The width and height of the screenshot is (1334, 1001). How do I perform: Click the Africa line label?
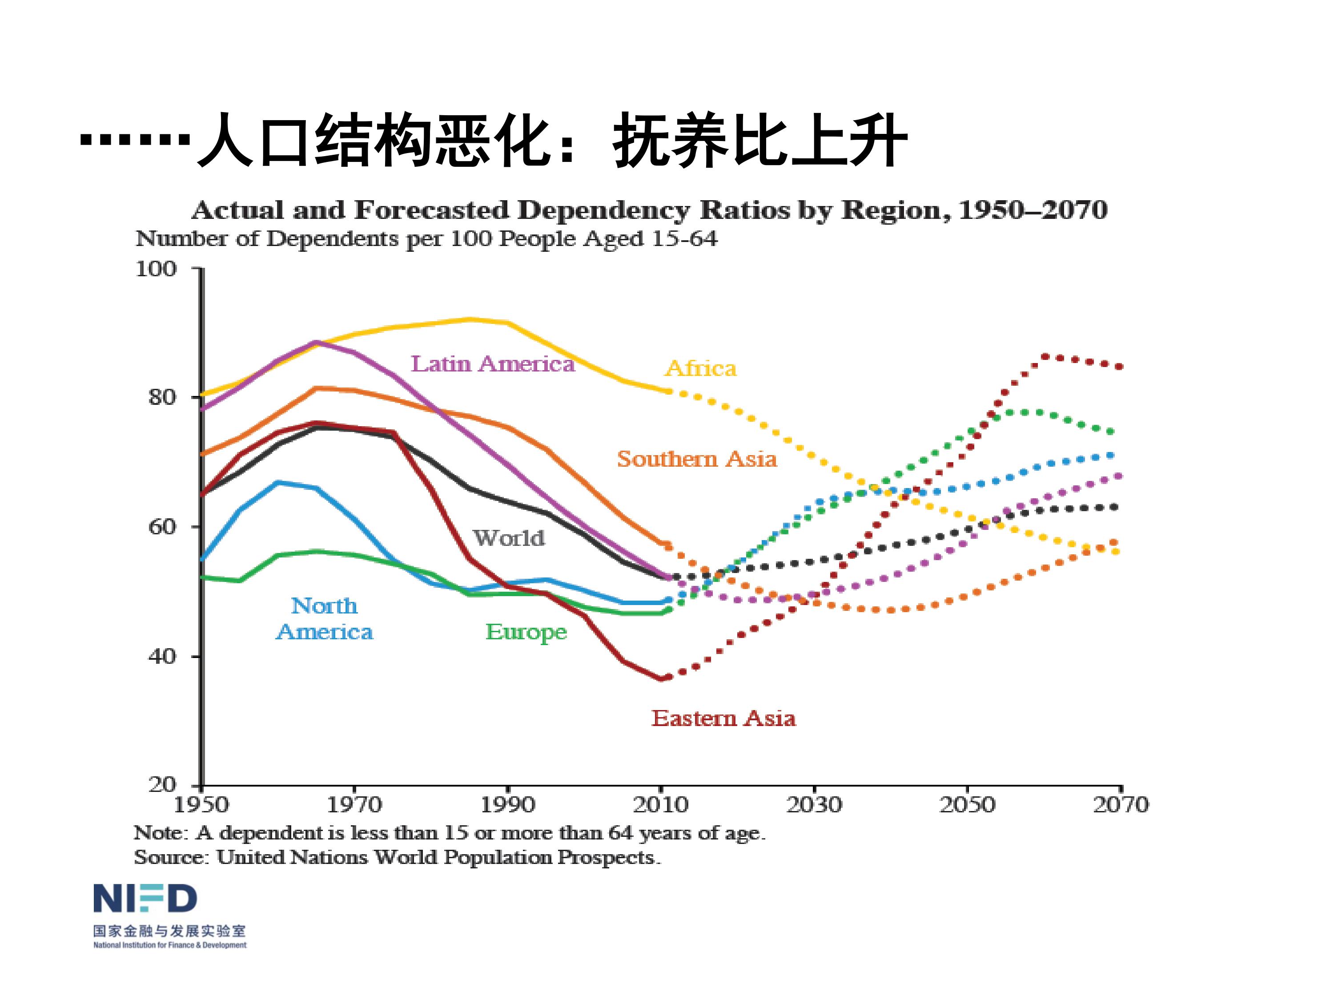[700, 368]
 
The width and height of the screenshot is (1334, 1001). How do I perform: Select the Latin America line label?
[492, 364]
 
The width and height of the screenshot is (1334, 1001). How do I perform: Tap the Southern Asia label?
[696, 459]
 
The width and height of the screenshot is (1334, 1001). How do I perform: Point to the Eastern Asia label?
[723, 718]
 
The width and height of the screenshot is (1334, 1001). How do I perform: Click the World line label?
[508, 537]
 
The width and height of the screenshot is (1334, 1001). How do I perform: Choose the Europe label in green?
[526, 632]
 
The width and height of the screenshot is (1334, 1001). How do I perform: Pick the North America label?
[325, 618]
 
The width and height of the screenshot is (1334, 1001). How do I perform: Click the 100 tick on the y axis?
[156, 269]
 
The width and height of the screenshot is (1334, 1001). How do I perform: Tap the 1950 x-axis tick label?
[201, 804]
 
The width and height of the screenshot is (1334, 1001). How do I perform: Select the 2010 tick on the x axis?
[660, 804]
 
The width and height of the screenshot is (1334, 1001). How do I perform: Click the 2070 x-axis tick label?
[1121, 804]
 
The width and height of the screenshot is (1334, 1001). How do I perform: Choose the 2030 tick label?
[814, 804]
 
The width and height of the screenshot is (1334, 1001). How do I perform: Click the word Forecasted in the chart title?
[431, 210]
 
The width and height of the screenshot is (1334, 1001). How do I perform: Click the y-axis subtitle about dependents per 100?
[426, 239]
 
